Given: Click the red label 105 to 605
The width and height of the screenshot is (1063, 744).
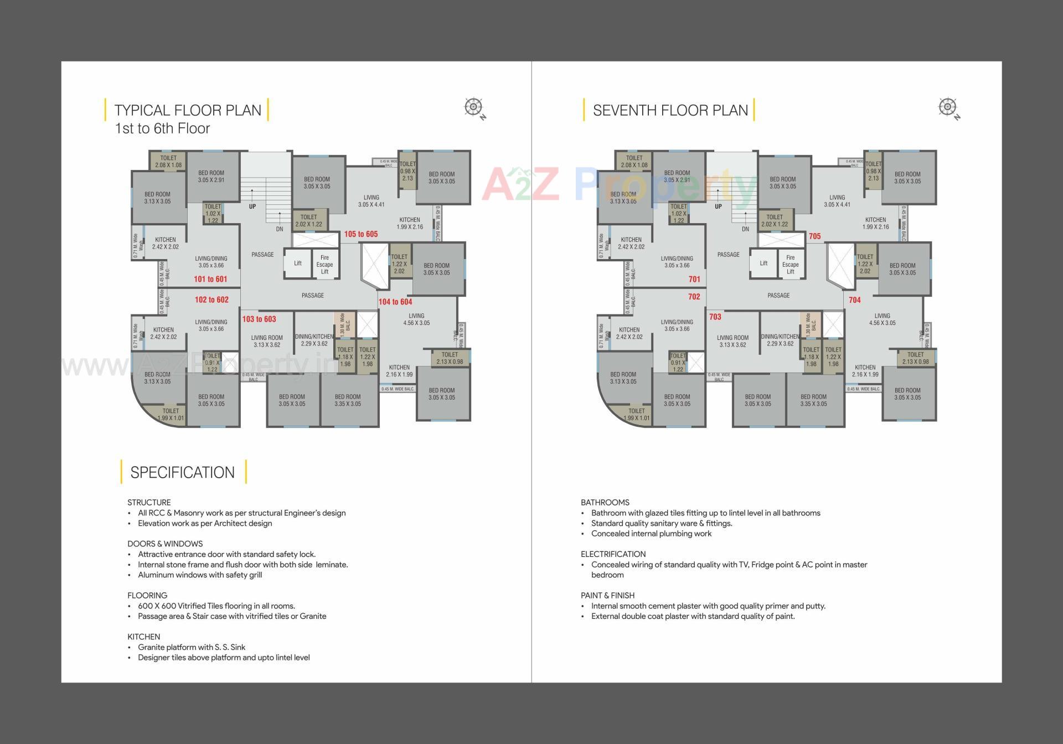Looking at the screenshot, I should pos(360,234).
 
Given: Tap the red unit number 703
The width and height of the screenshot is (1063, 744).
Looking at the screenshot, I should pos(715,317).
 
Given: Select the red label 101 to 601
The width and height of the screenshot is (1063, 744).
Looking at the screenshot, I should pos(210,279).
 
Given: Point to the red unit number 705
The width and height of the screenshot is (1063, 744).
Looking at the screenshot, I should pos(814,236).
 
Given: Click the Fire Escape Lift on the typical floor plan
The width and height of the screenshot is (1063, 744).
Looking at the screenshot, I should pos(324,265).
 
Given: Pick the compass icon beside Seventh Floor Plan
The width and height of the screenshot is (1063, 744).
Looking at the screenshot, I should pos(947,107).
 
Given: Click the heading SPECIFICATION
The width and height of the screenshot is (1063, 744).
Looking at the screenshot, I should pos(182,472).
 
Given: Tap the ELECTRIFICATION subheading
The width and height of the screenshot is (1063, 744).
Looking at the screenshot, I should pos(613,554).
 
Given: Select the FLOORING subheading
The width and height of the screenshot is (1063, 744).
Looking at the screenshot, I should pos(147,596).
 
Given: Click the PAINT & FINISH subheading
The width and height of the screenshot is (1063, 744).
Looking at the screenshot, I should pos(607,596).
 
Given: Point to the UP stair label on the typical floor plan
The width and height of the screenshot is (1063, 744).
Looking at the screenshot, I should pos(252,206).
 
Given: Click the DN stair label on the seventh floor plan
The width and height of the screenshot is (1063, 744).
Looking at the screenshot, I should pos(745,229).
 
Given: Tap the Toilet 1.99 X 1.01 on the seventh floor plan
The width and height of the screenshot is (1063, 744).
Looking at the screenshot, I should pos(636,414).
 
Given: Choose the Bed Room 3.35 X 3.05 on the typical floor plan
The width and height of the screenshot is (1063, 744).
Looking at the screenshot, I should pos(348,400).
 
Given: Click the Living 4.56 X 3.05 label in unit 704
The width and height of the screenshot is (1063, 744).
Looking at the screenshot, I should pos(882,319).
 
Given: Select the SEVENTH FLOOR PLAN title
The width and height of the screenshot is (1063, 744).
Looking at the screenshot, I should pos(670,110).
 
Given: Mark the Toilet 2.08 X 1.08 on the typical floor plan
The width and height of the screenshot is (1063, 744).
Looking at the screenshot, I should pos(168,161).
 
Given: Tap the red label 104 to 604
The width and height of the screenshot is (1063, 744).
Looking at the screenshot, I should pos(395,302).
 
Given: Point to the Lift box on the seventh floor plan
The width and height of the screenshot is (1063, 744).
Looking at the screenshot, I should pos(763,263).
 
